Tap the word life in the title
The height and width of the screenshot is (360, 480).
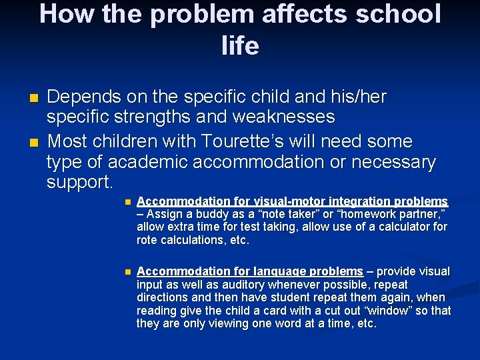[x=240, y=45]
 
